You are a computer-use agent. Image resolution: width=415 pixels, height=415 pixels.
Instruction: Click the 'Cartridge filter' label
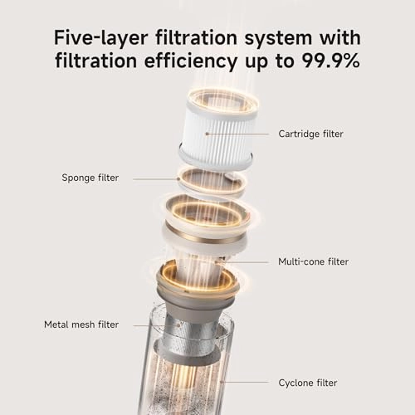tap(310, 134)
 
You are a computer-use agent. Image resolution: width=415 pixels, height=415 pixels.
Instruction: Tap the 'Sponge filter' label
tap(90, 178)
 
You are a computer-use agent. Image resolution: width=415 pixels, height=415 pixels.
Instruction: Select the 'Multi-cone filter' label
tap(313, 261)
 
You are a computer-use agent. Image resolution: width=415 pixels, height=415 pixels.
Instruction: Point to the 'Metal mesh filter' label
tap(81, 325)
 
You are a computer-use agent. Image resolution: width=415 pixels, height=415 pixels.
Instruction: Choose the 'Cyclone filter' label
tap(308, 383)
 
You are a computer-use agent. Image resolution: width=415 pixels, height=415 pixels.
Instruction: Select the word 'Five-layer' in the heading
tap(100, 38)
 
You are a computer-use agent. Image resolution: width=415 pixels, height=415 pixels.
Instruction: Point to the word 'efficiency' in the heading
tap(191, 61)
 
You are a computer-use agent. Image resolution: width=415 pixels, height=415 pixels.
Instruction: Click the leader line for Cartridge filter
tap(238, 134)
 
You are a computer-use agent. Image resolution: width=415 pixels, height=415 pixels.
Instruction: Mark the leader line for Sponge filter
tap(156, 179)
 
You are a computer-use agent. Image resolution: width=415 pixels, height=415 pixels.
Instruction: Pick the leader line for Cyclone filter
tap(245, 383)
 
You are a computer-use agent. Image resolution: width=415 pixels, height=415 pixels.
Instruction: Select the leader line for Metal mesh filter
tap(156, 325)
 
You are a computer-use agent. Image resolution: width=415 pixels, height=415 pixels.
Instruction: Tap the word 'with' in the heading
tap(340, 37)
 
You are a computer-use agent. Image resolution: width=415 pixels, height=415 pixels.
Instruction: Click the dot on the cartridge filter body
tap(207, 134)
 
